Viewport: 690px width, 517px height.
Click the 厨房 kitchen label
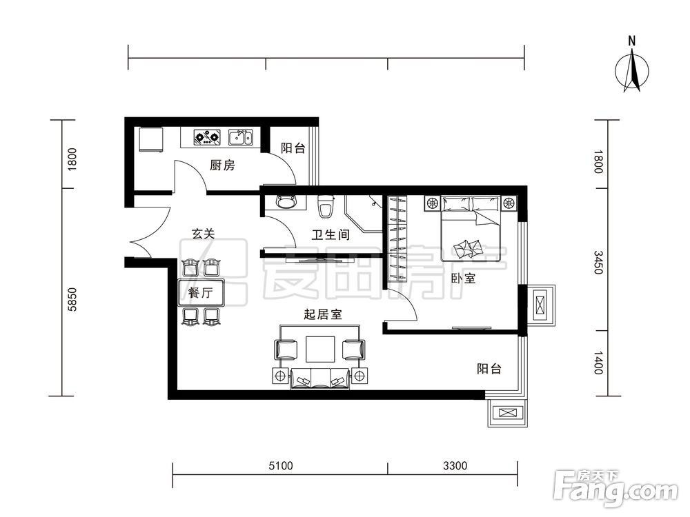coord(222,165)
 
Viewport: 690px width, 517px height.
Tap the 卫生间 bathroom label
coord(331,235)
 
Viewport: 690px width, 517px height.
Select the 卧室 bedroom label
coord(463,278)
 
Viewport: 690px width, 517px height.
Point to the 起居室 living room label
coord(323,314)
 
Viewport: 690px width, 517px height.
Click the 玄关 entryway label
coord(204,234)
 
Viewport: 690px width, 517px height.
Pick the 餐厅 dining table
coord(201,292)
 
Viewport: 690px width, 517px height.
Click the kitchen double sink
coord(241,137)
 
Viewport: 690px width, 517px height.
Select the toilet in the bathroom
coord(326,207)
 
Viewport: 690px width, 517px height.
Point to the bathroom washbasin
coord(286,203)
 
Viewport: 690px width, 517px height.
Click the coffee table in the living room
coord(321,349)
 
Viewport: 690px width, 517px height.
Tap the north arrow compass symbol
coord(632,68)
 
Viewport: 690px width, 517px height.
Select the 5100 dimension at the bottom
coord(281,465)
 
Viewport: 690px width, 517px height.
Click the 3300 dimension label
coord(455,465)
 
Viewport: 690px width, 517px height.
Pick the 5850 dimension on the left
coord(72,299)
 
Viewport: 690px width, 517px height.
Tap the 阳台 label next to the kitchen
coord(293,148)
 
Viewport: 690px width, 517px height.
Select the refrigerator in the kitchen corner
coord(151,139)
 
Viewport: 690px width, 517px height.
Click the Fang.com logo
coord(616,489)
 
